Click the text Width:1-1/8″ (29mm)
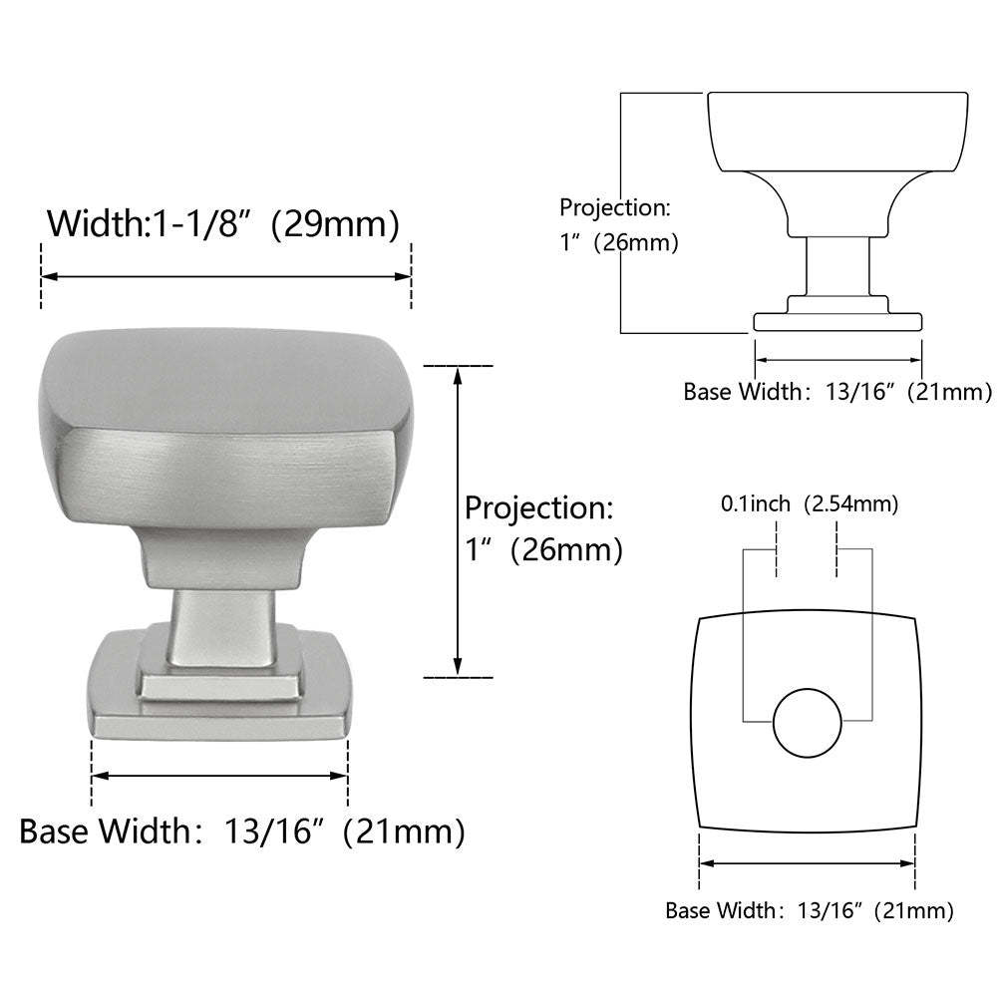(x=223, y=222)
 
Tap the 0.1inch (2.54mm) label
(x=810, y=504)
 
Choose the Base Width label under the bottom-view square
(x=809, y=910)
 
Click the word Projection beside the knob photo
(x=538, y=507)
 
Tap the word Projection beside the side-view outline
(x=614, y=208)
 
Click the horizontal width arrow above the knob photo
(x=225, y=278)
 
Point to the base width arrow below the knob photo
(x=219, y=775)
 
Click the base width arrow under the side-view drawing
(x=837, y=358)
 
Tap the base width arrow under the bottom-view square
(x=808, y=863)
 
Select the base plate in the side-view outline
(x=837, y=321)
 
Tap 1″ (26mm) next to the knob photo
(x=543, y=550)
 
